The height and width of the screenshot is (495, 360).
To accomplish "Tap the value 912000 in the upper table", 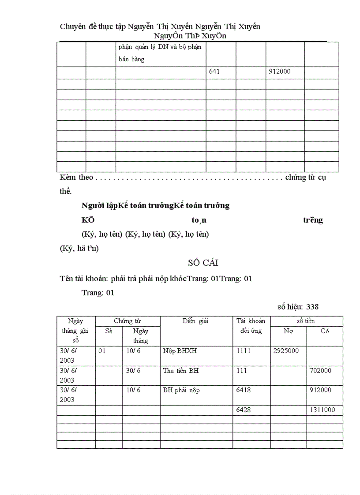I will click(x=280, y=71).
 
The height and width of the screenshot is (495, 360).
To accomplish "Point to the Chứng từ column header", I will click(x=127, y=321).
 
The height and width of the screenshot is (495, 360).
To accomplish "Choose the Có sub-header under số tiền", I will click(x=324, y=331).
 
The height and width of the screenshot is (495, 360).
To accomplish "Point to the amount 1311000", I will click(x=322, y=410).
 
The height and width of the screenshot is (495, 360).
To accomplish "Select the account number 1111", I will click(x=243, y=351).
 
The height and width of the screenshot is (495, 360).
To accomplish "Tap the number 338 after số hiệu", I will click(x=312, y=307).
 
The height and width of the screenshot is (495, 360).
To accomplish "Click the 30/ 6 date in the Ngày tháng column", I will click(x=133, y=371).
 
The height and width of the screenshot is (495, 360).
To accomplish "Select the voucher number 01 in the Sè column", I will click(x=102, y=351).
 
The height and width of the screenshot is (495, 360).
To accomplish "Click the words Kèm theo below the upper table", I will click(x=76, y=177).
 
